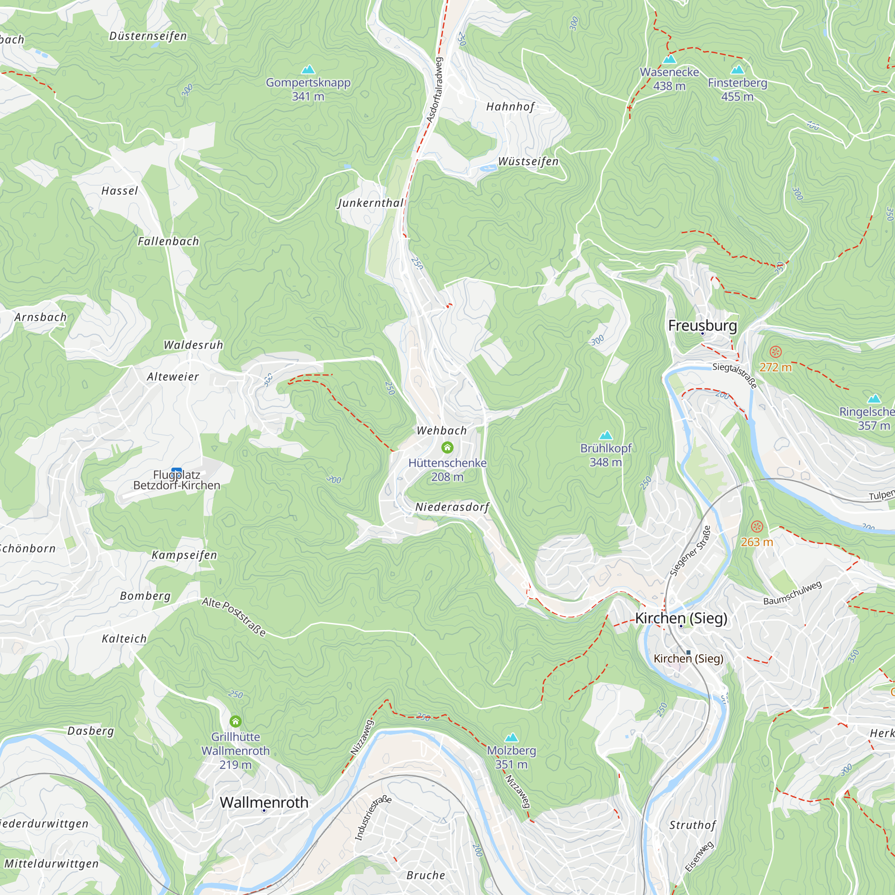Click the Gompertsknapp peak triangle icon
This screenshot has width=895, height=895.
tap(308, 70)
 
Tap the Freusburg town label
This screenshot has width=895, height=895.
tap(702, 326)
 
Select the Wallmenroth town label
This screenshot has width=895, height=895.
tap(264, 802)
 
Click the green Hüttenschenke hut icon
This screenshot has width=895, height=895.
tap(447, 447)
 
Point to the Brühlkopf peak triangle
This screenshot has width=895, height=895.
tap(606, 435)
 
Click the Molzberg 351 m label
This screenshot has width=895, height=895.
tap(511, 757)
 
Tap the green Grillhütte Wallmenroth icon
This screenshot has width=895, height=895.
tap(235, 721)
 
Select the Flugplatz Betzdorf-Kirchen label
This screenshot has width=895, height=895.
tap(176, 480)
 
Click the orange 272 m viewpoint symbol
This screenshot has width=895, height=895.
tap(776, 352)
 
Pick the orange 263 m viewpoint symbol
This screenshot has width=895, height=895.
tap(757, 527)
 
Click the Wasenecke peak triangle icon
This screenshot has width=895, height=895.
tap(669, 59)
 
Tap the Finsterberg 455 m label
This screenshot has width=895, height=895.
tap(737, 89)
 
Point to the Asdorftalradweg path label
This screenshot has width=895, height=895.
tap(435, 90)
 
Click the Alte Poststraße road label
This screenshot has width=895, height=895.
tap(234, 617)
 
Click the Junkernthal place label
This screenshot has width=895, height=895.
tap(371, 203)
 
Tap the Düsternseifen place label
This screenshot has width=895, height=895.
tap(148, 36)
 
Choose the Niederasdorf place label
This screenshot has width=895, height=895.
tap(452, 507)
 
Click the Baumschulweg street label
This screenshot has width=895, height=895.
tap(793, 592)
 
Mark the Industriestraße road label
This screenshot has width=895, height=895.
tap(372, 818)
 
